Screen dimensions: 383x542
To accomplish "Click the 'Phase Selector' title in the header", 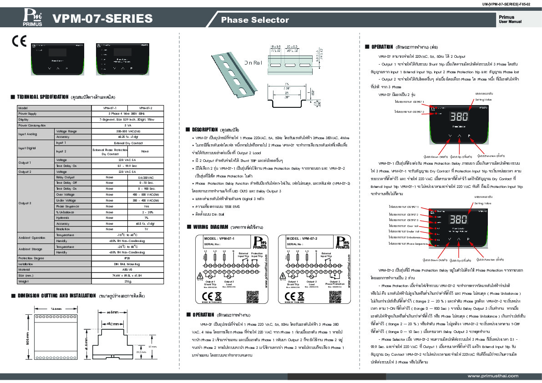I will pos(255,20).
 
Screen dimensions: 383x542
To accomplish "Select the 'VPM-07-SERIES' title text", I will pos(102,19).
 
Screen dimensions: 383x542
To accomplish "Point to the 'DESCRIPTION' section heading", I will pos(206,129).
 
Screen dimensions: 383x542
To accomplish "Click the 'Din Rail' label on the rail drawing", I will pos(253,62).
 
